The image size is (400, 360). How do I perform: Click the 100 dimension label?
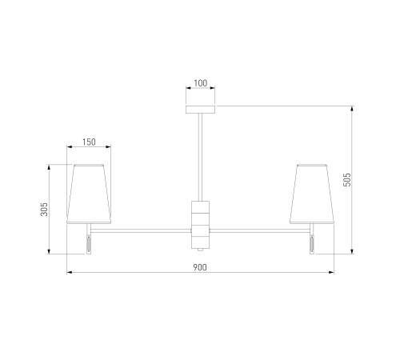[x=200, y=83]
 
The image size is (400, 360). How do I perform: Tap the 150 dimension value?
[x=89, y=142]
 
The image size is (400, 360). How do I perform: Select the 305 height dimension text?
[x=44, y=209]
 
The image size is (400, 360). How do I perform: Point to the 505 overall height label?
[x=347, y=180]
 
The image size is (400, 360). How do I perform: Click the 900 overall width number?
[x=200, y=267]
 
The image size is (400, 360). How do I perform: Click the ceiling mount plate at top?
[x=200, y=110]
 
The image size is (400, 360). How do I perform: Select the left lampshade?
[x=89, y=194]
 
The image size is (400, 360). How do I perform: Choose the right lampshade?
[x=312, y=194]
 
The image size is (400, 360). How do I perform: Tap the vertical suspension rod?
[x=200, y=158]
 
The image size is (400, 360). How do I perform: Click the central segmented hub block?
[x=200, y=225]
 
